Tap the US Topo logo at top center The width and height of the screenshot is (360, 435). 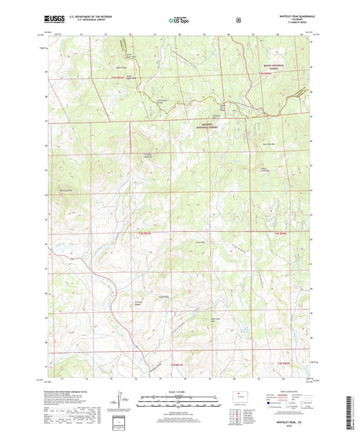[x=178, y=21]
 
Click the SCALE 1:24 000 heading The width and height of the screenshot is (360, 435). [x=180, y=392]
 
